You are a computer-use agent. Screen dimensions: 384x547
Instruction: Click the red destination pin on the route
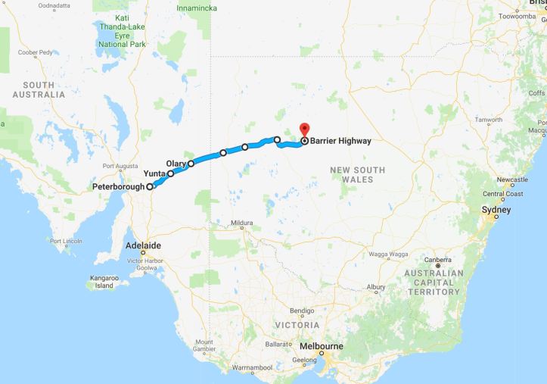(304, 130)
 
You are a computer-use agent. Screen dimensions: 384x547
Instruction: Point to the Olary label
(176, 163)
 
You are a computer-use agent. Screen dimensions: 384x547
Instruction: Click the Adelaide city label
(142, 246)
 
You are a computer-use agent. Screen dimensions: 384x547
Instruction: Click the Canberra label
(438, 259)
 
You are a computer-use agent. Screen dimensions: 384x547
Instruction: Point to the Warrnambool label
(251, 367)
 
